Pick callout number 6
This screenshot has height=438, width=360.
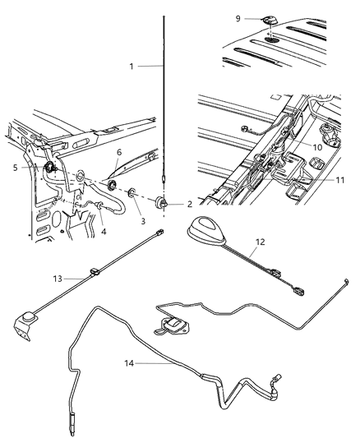point(119,152)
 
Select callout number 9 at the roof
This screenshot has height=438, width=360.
point(261,17)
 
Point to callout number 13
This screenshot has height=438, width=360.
point(57,278)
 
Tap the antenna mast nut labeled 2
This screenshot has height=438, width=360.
point(163,201)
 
